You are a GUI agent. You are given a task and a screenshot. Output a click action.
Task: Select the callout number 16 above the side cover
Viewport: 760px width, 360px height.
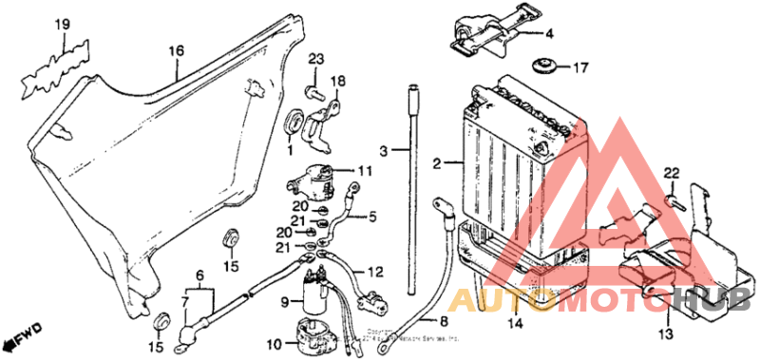tap(176, 50)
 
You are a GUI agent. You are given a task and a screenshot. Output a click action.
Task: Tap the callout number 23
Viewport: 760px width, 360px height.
tap(315, 61)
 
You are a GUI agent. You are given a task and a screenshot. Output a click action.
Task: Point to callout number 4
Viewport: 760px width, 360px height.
tap(548, 33)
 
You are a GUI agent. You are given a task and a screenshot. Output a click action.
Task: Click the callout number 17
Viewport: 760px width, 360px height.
tap(579, 67)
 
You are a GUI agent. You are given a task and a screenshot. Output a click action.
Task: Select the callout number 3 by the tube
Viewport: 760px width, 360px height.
tap(383, 151)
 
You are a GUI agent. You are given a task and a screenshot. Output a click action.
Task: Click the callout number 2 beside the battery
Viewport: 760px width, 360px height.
tap(437, 164)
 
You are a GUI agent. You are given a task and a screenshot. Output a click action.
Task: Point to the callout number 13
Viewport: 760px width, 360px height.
tap(665, 334)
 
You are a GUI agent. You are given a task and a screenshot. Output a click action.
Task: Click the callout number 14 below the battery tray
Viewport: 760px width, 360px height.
tap(514, 324)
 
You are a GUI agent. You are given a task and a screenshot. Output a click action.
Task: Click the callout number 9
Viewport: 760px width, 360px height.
tap(283, 302)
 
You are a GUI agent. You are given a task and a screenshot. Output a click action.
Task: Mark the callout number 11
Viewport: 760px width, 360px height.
tap(365, 171)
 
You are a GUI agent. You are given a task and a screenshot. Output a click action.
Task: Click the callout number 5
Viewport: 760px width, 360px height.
tap(371, 217)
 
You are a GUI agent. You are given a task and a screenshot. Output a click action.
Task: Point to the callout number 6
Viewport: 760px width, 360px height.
tap(199, 275)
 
